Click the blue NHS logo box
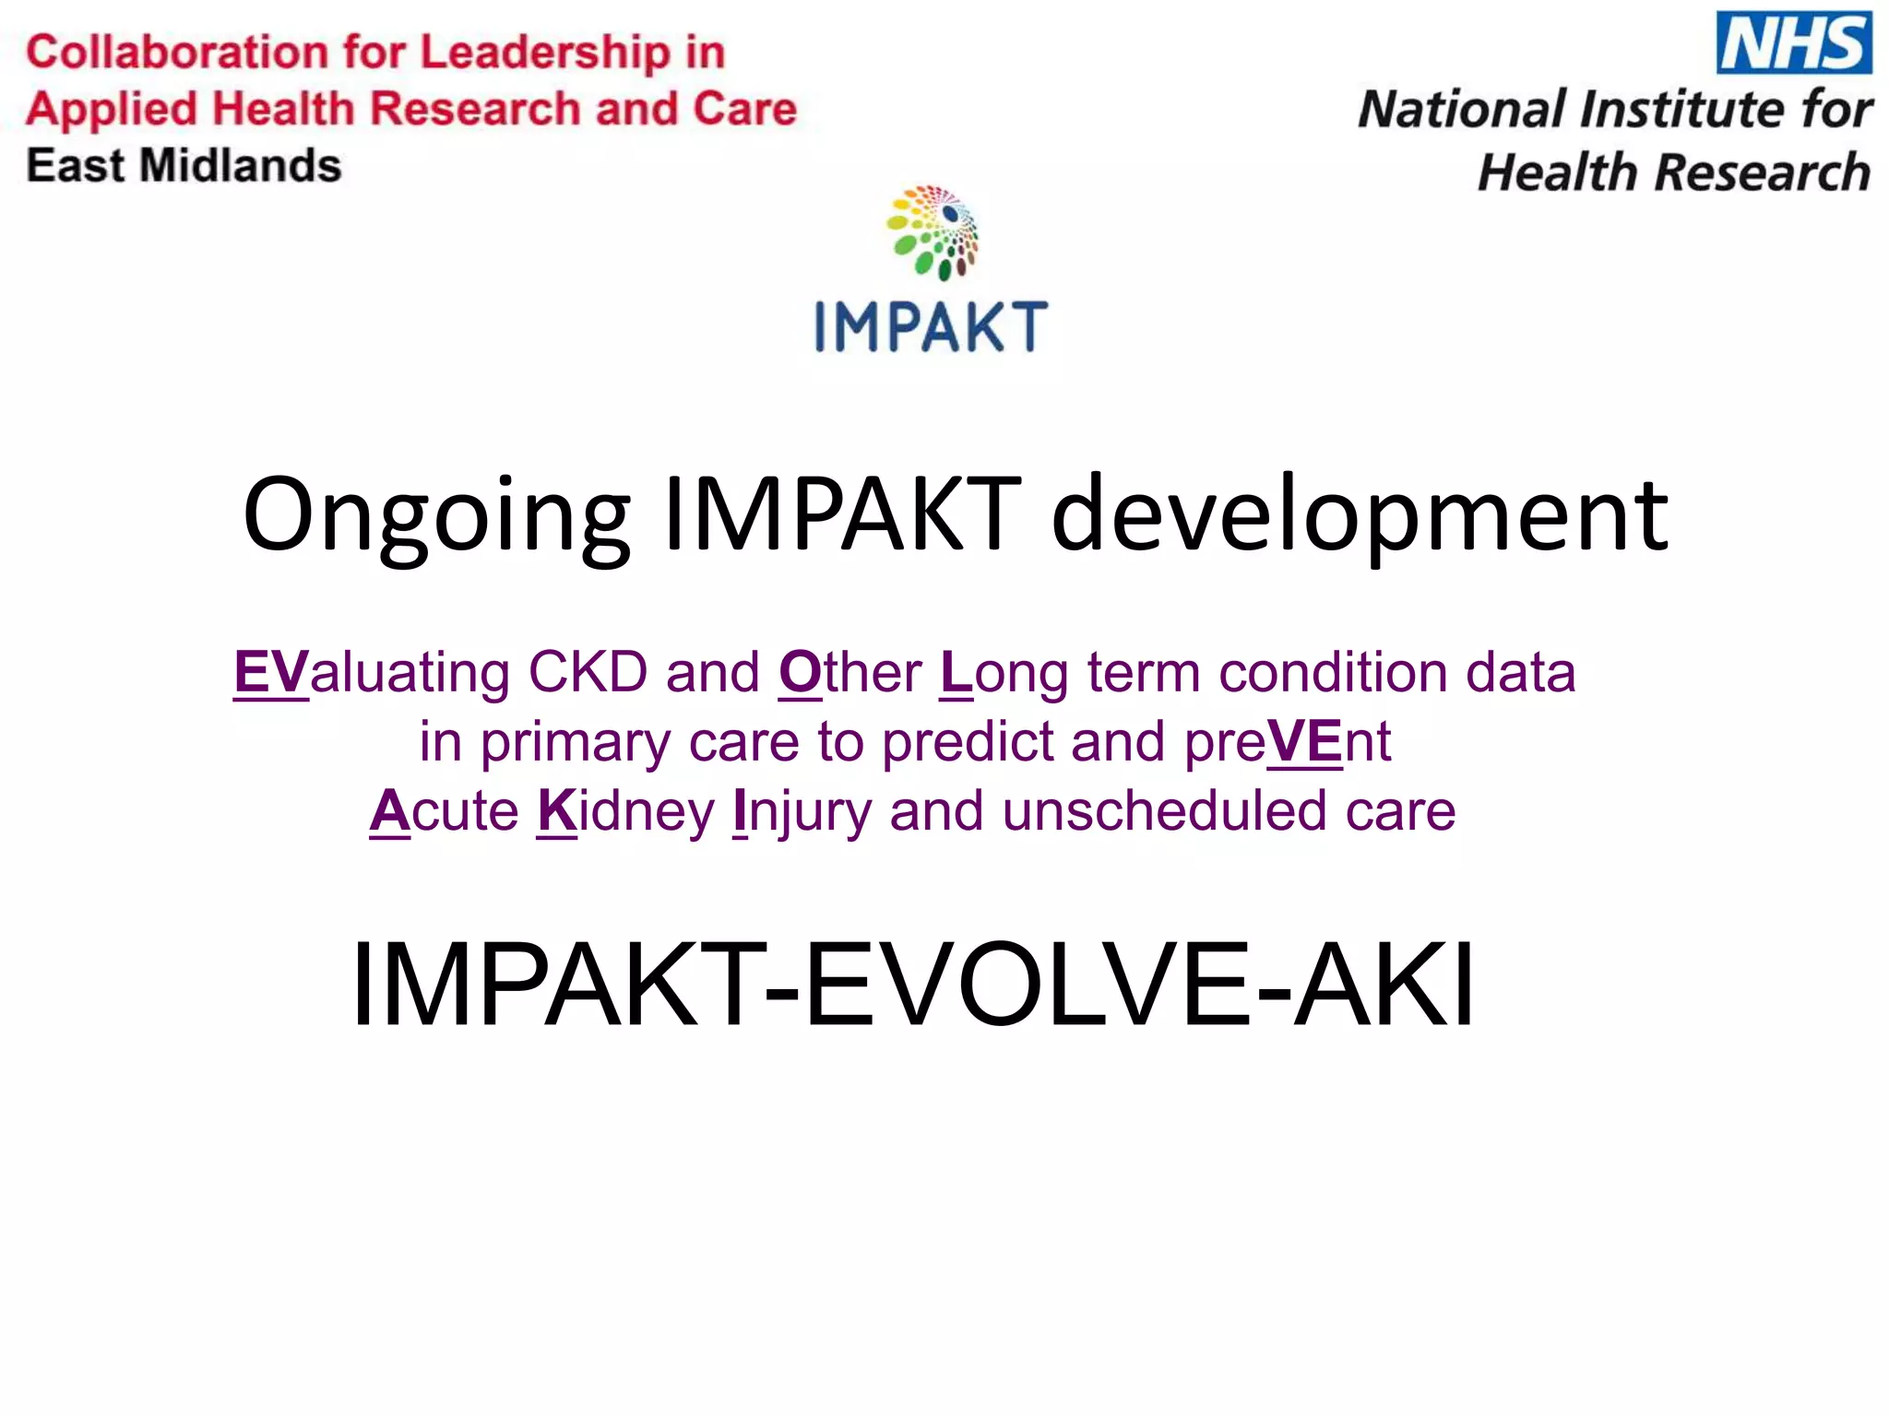[x=1793, y=42]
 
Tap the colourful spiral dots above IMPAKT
[x=933, y=231]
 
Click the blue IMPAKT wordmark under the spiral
[x=932, y=326]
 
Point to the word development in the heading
[x=1360, y=516]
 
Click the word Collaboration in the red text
[x=174, y=52]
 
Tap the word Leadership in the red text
[x=544, y=52]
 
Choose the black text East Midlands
[x=184, y=166]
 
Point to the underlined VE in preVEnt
[x=1304, y=741]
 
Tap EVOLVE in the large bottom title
[x=1028, y=984]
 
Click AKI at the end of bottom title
[x=1383, y=984]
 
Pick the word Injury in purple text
[x=801, y=811]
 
